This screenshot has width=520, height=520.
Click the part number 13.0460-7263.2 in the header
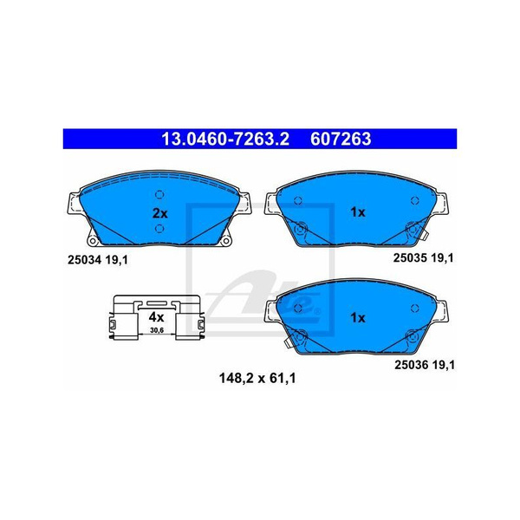point(225,139)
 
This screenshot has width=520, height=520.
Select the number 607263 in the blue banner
point(341,139)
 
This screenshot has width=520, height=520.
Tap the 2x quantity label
point(159,213)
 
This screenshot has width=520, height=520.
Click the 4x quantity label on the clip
point(156,317)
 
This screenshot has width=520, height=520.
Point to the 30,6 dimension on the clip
point(157,331)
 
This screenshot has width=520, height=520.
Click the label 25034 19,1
point(97,260)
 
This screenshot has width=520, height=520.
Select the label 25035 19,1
point(423,257)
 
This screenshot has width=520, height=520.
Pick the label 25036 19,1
point(425,365)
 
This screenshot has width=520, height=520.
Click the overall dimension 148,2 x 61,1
point(257,378)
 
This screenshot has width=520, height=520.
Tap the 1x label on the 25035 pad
point(357,212)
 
